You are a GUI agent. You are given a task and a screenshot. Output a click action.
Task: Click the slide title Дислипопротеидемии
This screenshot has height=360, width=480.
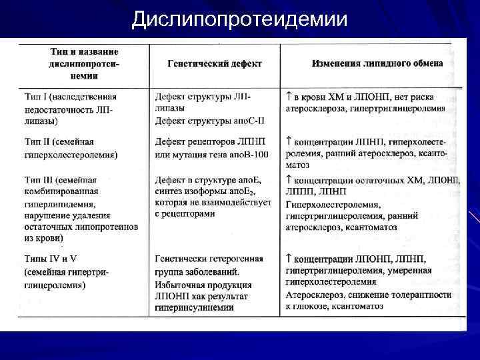pyautogui.click(x=239, y=19)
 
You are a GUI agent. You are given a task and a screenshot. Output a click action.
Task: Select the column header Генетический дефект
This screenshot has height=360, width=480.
pyautogui.click(x=214, y=64)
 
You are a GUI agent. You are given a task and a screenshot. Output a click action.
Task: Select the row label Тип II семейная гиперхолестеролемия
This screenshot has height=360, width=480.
pyautogui.click(x=70, y=148)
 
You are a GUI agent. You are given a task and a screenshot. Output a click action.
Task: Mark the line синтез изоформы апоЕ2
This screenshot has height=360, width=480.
pyautogui.click(x=209, y=193)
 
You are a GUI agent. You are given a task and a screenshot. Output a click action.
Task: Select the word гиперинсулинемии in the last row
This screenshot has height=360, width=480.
pyautogui.click(x=194, y=308)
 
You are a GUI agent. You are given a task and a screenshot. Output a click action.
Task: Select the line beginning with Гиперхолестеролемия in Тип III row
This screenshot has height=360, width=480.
pyautogui.click(x=333, y=204)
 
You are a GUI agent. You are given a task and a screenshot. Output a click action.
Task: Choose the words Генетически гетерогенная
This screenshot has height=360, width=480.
pyautogui.click(x=207, y=259)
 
